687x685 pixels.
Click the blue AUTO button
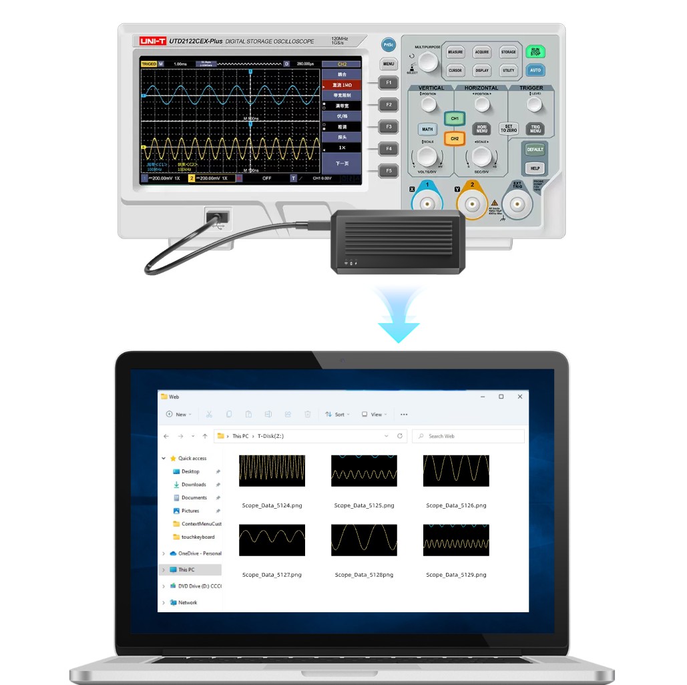click(535, 70)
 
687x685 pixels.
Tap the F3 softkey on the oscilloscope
click(388, 126)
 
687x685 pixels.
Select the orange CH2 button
click(454, 138)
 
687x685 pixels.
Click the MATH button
click(427, 129)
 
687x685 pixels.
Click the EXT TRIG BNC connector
click(517, 204)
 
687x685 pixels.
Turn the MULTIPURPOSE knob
click(428, 62)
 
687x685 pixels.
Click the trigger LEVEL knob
click(533, 105)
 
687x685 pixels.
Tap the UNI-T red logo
click(152, 41)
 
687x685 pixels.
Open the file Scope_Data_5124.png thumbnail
click(272, 471)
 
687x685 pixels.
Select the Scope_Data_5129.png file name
click(456, 575)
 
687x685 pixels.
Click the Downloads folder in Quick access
click(194, 485)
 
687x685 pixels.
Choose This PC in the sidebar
click(186, 569)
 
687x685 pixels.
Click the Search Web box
click(468, 436)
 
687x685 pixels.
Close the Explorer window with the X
click(520, 397)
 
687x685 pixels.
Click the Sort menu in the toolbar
click(336, 415)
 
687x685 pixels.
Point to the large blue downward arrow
click(399, 317)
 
